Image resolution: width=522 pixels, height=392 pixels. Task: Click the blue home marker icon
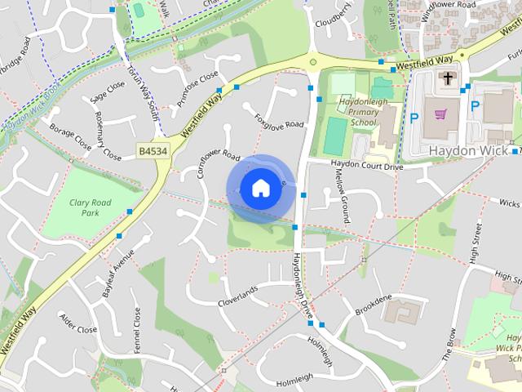pos(259,188)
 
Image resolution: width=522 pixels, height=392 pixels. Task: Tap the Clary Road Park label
pos(91,207)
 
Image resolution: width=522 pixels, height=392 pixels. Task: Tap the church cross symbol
pos(448,79)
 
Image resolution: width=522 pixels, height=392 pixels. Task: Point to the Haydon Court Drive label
pos(366,166)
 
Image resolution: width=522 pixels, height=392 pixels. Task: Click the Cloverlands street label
pos(237,296)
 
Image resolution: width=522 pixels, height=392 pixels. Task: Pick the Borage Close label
pos(70,134)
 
